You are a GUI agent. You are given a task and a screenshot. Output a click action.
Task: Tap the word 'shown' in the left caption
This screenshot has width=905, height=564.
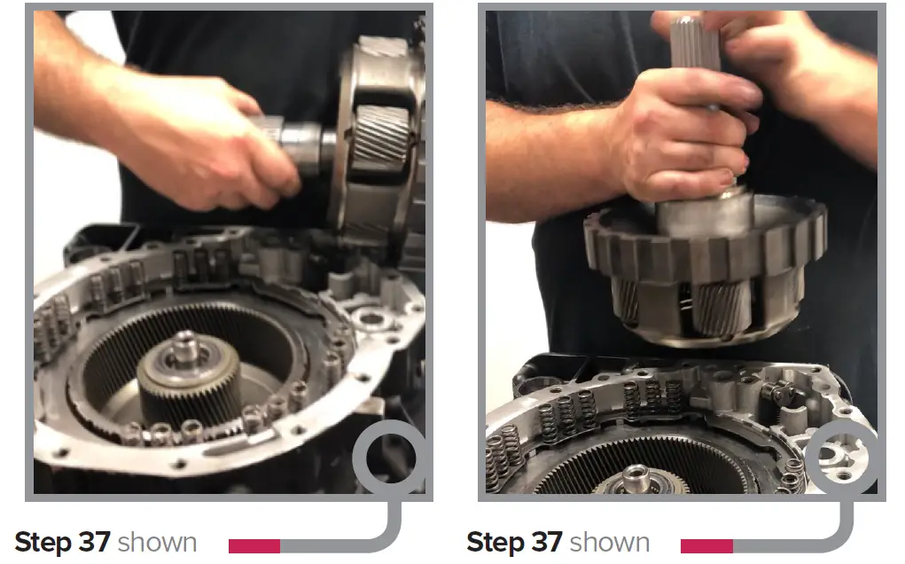[x=157, y=542]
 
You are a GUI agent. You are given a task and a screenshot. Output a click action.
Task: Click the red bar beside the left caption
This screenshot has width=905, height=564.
[x=254, y=545]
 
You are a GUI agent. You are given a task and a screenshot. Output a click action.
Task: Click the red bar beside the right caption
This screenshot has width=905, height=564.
[x=706, y=545]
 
